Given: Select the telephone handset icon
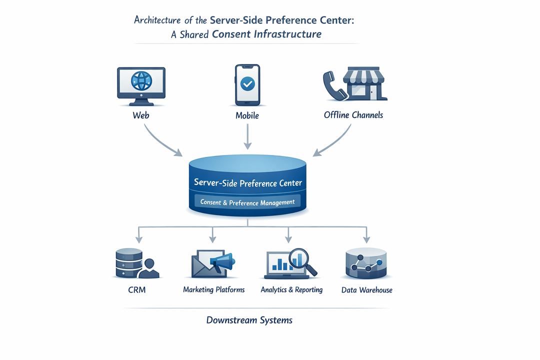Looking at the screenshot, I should coord(332,84).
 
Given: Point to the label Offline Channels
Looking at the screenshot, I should coord(353,115).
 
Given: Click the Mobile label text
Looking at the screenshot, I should coord(247,115).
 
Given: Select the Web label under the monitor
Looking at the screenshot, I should coord(141,115).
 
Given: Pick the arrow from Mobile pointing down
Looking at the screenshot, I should coord(247,136).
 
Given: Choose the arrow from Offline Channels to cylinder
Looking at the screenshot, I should coord(333,141).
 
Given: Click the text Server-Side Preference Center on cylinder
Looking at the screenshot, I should coord(247,183).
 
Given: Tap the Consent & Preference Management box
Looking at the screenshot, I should coord(247,202).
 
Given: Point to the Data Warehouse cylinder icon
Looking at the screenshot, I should coord(366,263).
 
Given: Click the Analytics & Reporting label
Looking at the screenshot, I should coord(291,290).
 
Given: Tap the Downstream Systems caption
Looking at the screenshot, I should coord(249,320).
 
